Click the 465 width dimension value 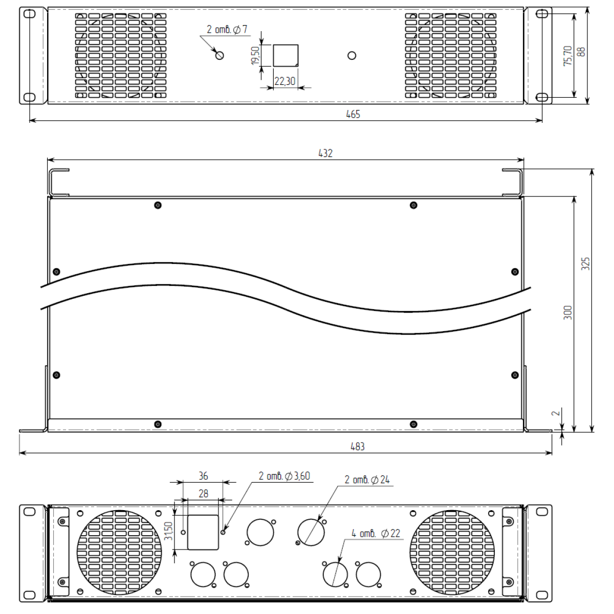tap(353, 114)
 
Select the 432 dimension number tap(325, 153)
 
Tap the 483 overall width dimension tap(357, 446)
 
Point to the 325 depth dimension tap(586, 264)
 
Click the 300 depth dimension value tap(568, 313)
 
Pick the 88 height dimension tap(582, 52)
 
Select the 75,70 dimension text tap(568, 56)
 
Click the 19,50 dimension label tap(255, 56)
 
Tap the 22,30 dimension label tap(285, 81)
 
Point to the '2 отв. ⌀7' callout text tap(227, 30)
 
